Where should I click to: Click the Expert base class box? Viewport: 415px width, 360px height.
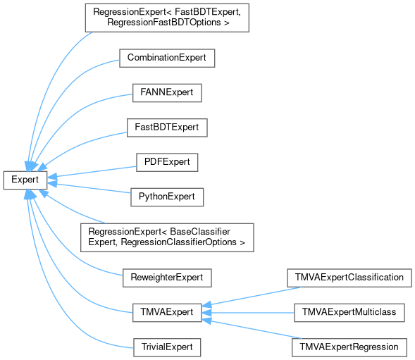tap(25, 180)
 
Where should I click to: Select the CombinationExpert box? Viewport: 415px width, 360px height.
tap(167, 58)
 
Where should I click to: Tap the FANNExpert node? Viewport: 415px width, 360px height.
tap(167, 93)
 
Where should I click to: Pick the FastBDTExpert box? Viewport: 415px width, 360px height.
tap(167, 128)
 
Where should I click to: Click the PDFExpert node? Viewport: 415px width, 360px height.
tap(167, 162)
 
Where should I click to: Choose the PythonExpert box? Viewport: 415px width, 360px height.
tap(167, 197)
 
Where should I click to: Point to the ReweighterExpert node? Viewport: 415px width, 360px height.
tap(167, 278)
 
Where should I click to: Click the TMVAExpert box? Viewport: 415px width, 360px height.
tap(167, 313)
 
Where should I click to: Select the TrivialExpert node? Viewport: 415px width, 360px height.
tap(167, 347)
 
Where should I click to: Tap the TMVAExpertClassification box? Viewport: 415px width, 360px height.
tap(349, 278)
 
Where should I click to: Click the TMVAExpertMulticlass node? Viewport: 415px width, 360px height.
tap(349, 313)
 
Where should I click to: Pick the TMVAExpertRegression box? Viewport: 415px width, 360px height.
tap(349, 347)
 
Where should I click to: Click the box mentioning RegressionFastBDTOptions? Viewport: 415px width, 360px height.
tap(167, 18)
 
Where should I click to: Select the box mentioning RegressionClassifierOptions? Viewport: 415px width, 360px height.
tap(167, 237)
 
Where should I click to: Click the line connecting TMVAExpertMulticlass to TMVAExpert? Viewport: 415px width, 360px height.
tap(248, 313)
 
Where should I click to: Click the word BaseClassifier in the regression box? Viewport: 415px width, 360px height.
tap(200, 232)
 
